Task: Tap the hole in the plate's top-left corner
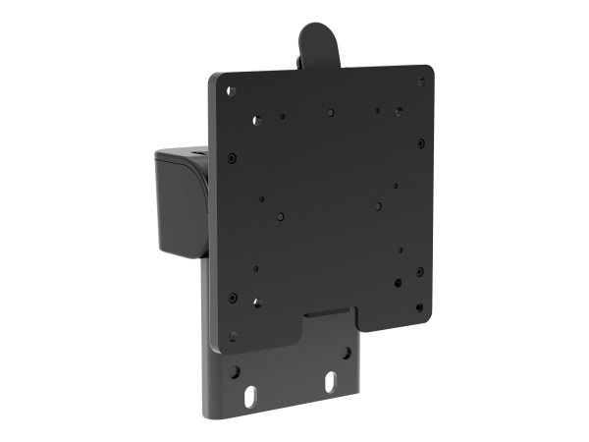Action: [x=232, y=91]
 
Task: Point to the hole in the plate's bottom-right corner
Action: [x=418, y=306]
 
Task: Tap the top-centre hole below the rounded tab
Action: [x=331, y=111]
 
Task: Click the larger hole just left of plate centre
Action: [x=282, y=215]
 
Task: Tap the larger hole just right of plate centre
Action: [x=378, y=206]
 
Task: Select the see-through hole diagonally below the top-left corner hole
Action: [x=256, y=121]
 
